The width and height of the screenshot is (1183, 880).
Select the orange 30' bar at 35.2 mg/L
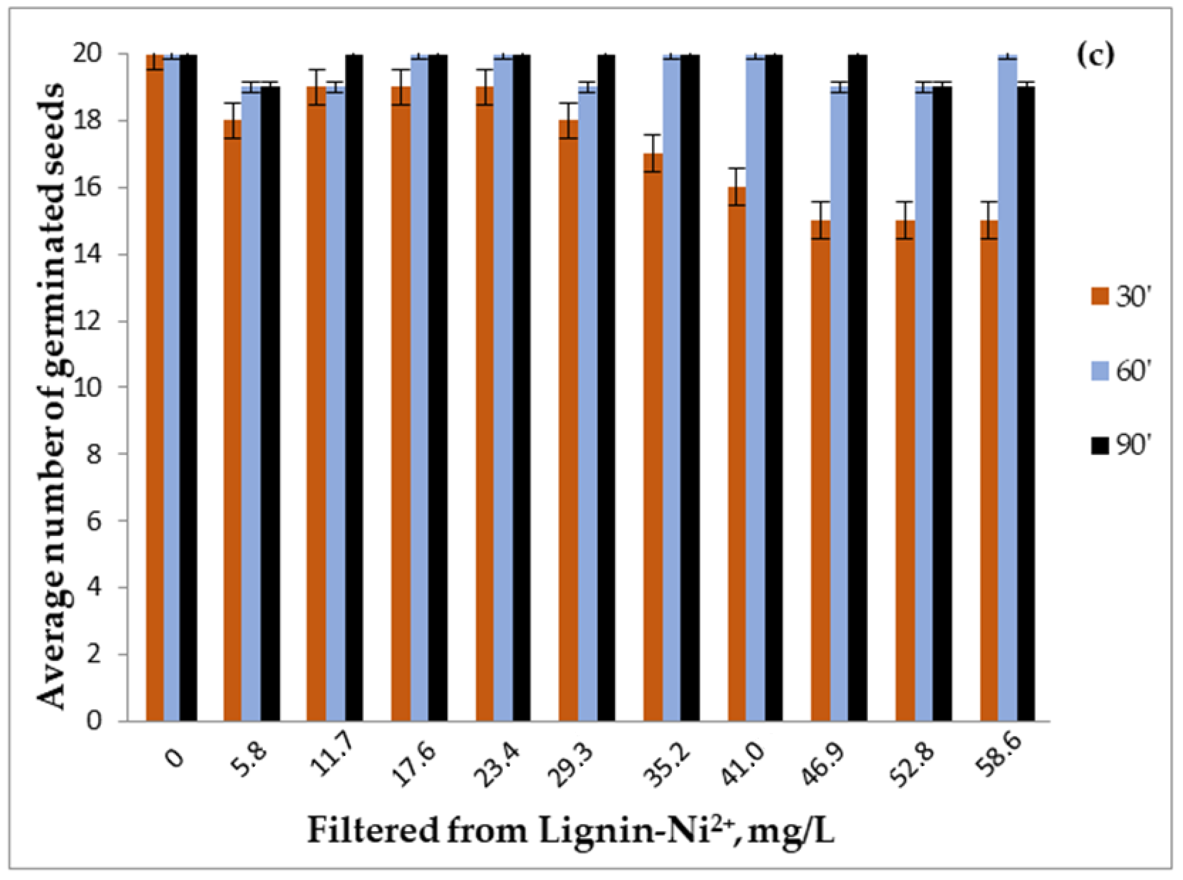coord(653,437)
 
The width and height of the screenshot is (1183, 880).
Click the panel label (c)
coord(1096,55)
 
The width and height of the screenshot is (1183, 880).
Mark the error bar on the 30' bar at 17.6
coord(401,87)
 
